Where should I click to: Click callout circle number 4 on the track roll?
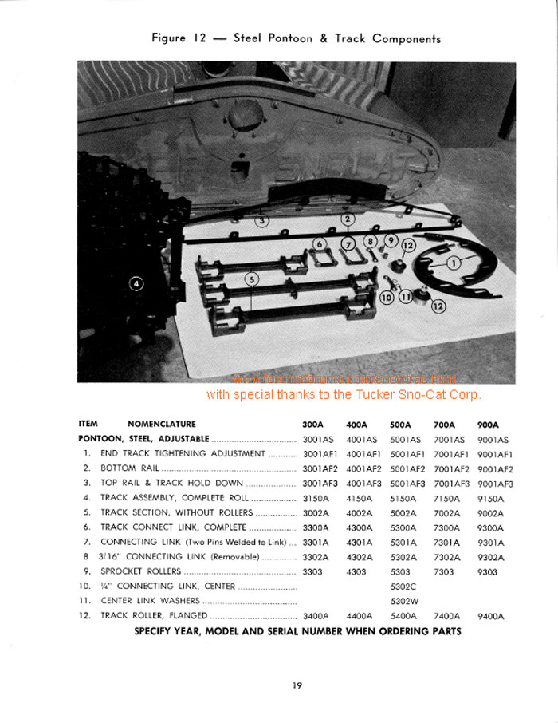click(136, 283)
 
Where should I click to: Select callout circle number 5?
click(252, 279)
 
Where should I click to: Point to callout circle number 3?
click(261, 219)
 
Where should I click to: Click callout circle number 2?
click(348, 219)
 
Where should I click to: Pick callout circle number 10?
click(387, 298)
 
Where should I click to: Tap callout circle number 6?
click(320, 243)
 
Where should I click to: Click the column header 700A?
click(445, 425)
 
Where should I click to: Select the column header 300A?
click(313, 425)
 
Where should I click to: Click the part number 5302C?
click(403, 587)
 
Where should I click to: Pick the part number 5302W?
click(404, 601)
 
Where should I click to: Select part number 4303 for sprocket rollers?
click(357, 571)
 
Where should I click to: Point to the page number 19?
click(296, 684)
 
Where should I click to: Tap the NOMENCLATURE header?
click(161, 425)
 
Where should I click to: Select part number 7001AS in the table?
click(449, 439)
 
